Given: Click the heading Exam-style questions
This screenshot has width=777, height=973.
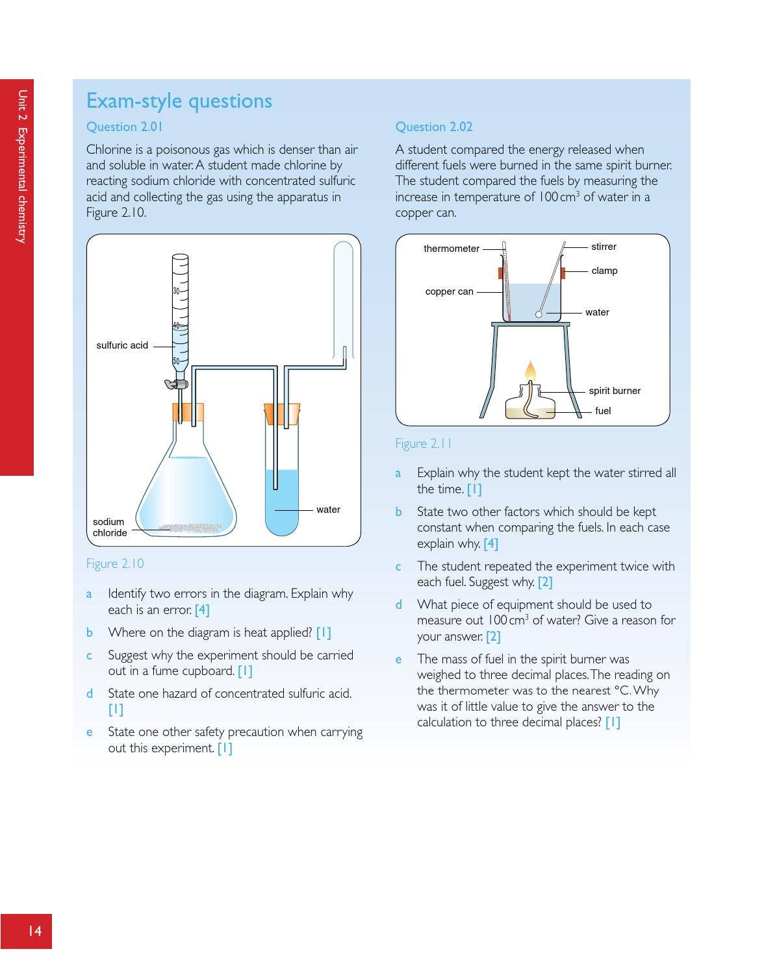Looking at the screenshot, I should [179, 101].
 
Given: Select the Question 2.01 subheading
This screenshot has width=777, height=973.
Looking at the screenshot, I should [124, 127].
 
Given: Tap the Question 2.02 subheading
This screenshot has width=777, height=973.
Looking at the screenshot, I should [433, 127].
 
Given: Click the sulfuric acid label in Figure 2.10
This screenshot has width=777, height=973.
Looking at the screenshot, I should [122, 345].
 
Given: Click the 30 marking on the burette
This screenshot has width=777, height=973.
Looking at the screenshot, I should [176, 291].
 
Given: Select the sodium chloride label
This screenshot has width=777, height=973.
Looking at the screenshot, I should [109, 527].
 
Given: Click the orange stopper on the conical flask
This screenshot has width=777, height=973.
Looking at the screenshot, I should [188, 412].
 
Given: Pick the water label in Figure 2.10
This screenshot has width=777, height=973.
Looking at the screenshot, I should [328, 510].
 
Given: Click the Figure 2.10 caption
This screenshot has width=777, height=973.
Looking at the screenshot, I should [115, 563].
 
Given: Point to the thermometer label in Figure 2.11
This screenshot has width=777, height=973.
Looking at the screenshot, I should [451, 249].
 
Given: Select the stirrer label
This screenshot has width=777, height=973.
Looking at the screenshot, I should [604, 247].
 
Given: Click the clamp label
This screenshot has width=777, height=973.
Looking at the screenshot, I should [604, 271].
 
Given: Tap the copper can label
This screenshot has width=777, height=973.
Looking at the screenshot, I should [449, 291].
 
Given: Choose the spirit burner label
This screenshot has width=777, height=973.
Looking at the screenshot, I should [614, 391].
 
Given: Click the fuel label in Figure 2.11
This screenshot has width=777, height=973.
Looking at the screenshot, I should [603, 411].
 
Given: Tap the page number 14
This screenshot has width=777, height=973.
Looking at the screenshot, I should [34, 931].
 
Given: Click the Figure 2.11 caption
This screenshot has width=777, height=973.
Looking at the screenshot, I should [424, 443].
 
